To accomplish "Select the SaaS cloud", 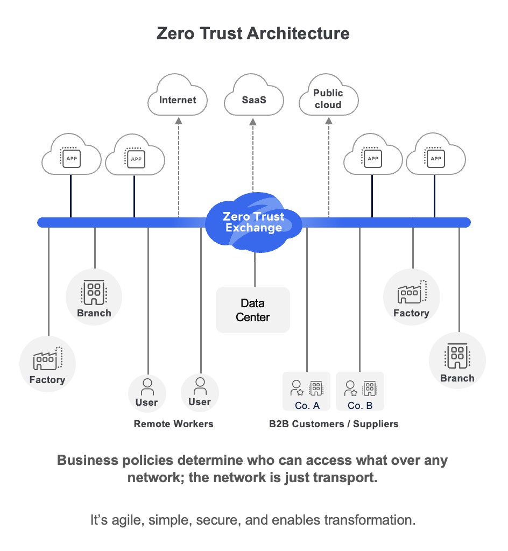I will [253, 98].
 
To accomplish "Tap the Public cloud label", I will [328, 99].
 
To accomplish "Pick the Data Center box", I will [253, 310].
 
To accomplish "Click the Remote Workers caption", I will [173, 424].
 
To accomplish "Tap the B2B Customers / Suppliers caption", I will [334, 424].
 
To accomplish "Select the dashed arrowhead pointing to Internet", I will [179, 121].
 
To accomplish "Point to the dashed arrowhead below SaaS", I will [253, 121].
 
